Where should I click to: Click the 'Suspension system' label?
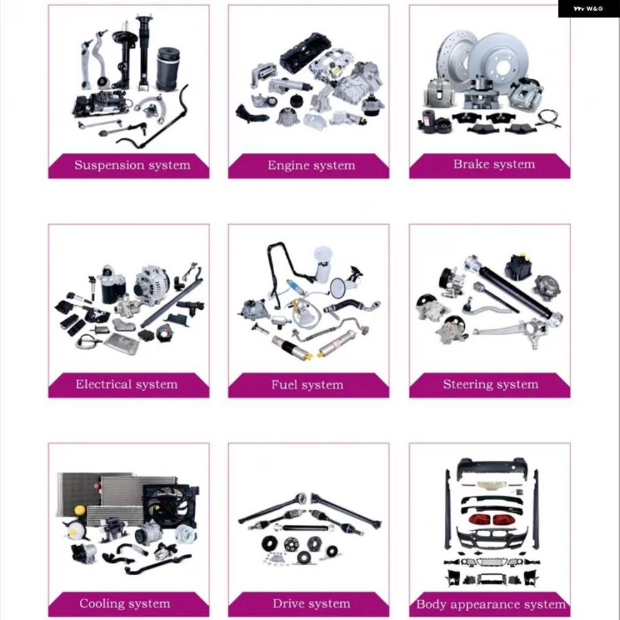132,165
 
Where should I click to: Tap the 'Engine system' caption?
311,165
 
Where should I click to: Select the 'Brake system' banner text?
494,164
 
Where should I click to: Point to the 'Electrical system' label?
127,384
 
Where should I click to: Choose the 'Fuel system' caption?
307,384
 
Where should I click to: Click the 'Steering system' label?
490,384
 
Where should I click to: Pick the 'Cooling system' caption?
125,603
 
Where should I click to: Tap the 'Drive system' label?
311,603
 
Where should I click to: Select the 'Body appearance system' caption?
490,604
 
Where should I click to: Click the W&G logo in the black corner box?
588,9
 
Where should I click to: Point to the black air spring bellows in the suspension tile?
169,69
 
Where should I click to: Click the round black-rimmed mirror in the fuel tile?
338,288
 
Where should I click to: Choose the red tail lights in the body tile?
490,519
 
